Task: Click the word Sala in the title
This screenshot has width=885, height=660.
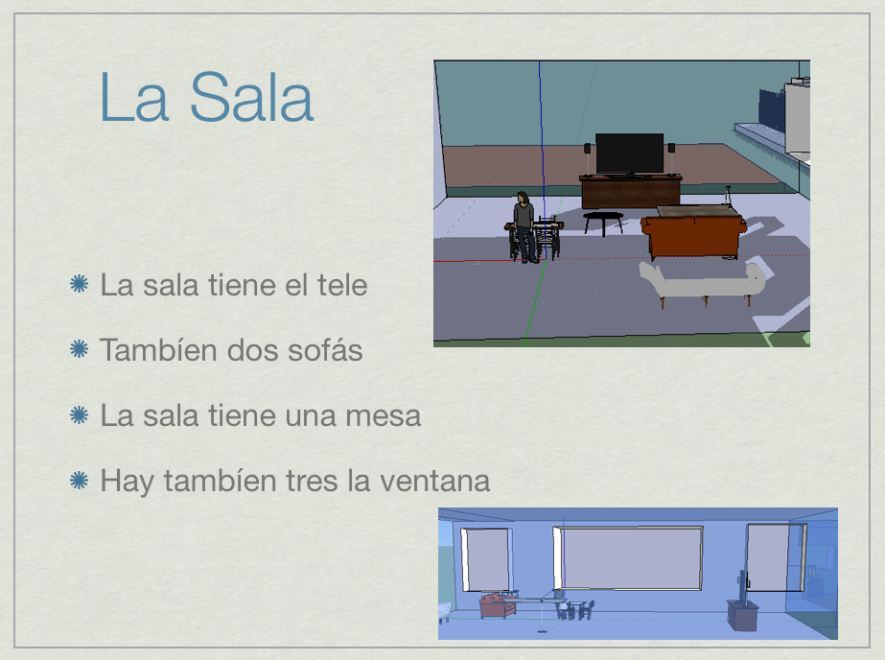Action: pyautogui.click(x=252, y=97)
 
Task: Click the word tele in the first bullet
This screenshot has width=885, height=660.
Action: pyautogui.click(x=342, y=285)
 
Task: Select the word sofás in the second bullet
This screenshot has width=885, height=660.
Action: pyautogui.click(x=325, y=349)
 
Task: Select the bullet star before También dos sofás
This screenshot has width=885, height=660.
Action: pyautogui.click(x=79, y=349)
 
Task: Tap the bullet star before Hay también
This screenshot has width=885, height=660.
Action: pyautogui.click(x=79, y=481)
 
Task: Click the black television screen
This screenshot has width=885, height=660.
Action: pyautogui.click(x=629, y=153)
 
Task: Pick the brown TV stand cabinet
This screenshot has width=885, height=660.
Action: pyautogui.click(x=631, y=192)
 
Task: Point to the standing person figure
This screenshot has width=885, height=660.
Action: pyautogui.click(x=524, y=227)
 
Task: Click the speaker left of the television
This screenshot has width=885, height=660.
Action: pyautogui.click(x=588, y=149)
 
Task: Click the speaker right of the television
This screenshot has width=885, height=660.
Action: pyautogui.click(x=671, y=148)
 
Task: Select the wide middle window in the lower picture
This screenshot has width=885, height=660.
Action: pyautogui.click(x=628, y=557)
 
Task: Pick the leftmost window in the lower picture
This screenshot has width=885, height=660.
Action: pyautogui.click(x=485, y=560)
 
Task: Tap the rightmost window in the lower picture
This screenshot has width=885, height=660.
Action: pyautogui.click(x=776, y=557)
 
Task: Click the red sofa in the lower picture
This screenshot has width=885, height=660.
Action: pyautogui.click(x=498, y=605)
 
